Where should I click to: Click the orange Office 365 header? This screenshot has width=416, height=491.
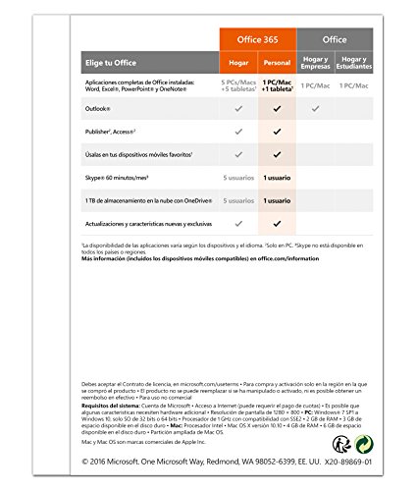pyautogui.click(x=258, y=38)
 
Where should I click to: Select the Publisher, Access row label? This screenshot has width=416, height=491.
pyautogui.click(x=109, y=130)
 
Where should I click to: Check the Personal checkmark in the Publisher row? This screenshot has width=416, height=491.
pyautogui.click(x=280, y=130)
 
